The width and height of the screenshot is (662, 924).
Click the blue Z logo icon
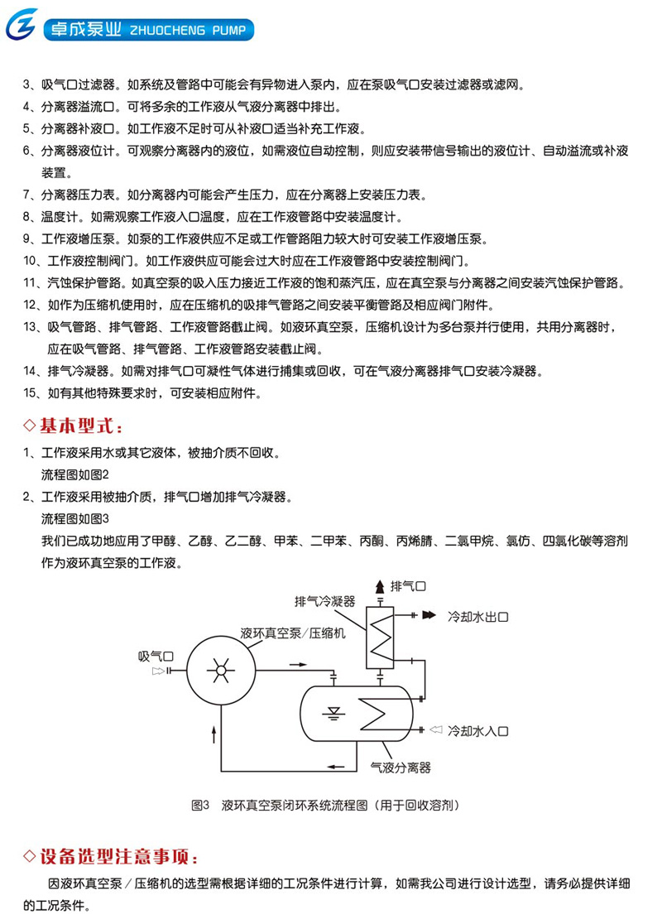click(x=22, y=25)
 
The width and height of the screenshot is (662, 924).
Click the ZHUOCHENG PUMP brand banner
click(x=148, y=30)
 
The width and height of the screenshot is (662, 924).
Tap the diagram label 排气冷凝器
click(x=325, y=601)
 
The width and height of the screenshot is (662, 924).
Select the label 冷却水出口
click(x=477, y=617)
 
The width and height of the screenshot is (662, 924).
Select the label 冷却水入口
click(x=477, y=731)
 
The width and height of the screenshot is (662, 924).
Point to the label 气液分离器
click(x=401, y=768)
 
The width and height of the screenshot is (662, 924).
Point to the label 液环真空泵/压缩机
click(x=293, y=633)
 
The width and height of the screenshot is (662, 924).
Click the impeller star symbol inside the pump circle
click(x=221, y=670)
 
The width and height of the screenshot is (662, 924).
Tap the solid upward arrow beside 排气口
click(x=380, y=587)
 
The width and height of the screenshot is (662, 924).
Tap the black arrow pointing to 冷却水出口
click(x=429, y=615)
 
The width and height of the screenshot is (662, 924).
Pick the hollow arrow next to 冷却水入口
click(x=436, y=730)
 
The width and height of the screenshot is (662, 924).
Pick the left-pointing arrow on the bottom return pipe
click(x=336, y=767)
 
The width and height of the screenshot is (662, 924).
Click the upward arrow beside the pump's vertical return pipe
click(x=213, y=734)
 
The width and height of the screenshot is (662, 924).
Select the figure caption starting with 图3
click(x=325, y=805)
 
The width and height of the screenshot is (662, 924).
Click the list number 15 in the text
click(x=30, y=393)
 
